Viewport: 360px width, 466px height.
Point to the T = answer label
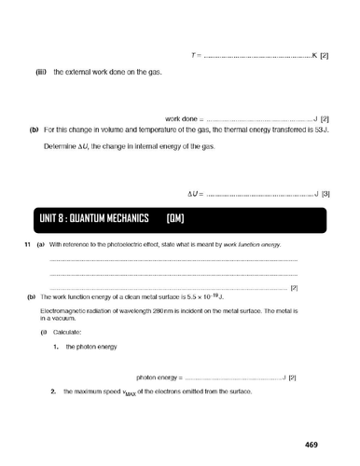[x=196, y=56]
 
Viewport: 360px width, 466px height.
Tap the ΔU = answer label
[x=194, y=193]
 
